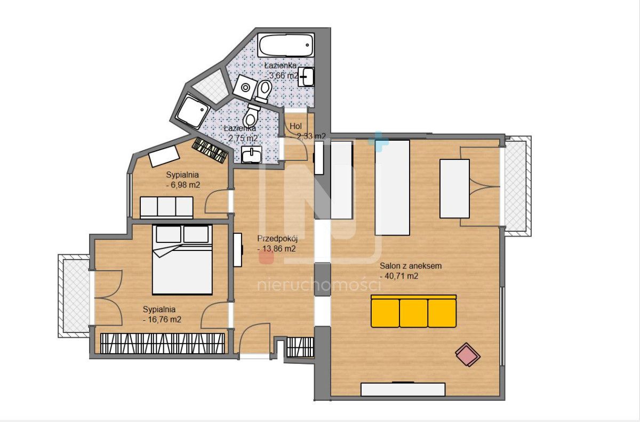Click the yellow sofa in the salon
point(413,311)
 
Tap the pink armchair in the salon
point(468,355)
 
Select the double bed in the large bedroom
point(182,259)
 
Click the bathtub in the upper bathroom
point(286,45)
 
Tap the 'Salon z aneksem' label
point(411,266)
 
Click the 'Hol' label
point(295,126)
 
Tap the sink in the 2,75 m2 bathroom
point(251,155)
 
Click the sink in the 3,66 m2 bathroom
point(306,77)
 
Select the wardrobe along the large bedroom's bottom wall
point(163,344)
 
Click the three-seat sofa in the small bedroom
point(166,207)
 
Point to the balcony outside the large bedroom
point(75,296)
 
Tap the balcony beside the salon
point(517,186)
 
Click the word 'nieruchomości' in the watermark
point(319,285)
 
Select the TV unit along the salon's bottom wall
point(403,389)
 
